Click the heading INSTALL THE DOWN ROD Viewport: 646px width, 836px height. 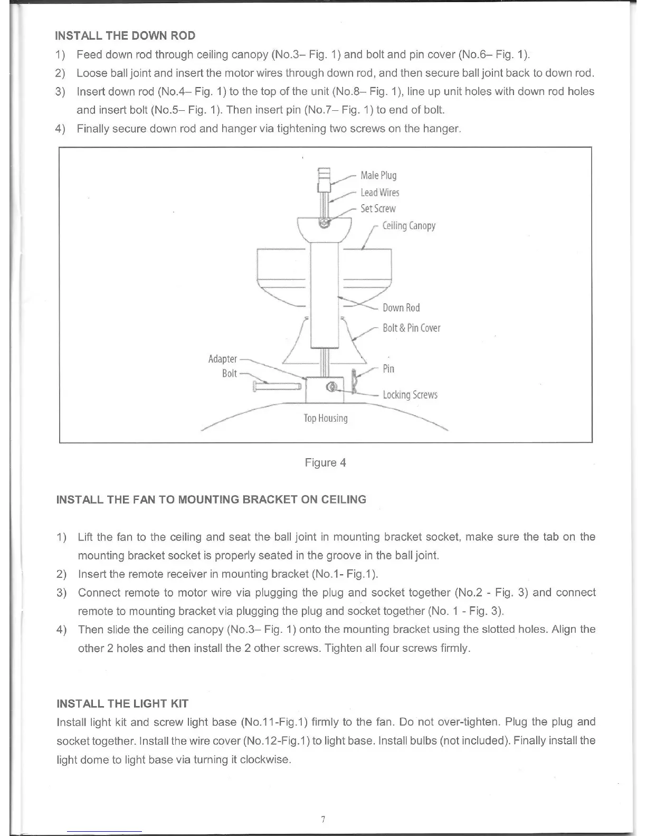point(125,36)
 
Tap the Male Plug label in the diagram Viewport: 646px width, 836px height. point(378,175)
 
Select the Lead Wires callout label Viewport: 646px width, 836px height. point(380,192)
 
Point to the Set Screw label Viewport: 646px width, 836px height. point(378,208)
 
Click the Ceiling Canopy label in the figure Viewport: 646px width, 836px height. point(409,226)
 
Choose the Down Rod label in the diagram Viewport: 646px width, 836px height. point(401,308)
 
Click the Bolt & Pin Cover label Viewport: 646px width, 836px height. point(411,328)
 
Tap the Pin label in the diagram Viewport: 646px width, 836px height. point(388,368)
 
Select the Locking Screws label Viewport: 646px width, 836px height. point(410,395)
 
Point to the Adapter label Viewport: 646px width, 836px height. point(223,359)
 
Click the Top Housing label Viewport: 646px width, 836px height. point(326,419)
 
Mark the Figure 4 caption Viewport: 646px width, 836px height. point(325,463)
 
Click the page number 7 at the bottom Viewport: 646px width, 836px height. point(323,819)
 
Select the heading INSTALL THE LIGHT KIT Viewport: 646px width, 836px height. point(122,704)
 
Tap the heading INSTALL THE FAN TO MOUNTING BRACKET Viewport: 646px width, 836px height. point(211,499)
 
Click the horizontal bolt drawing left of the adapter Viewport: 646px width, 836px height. point(277,387)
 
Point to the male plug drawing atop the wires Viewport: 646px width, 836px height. point(324,178)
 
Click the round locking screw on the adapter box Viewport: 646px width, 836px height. point(331,388)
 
